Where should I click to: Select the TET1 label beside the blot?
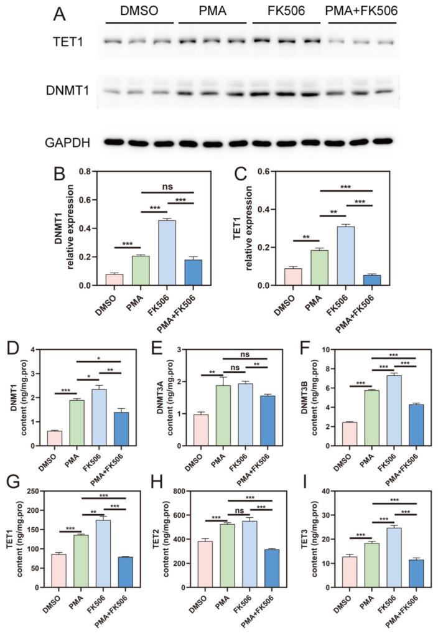65,42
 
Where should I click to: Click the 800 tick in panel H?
180,491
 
